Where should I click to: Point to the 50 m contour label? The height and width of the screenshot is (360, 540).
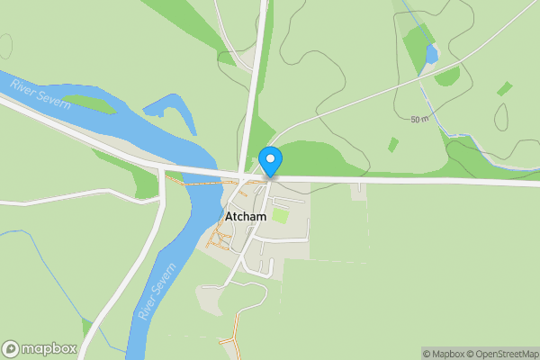(x=418, y=120)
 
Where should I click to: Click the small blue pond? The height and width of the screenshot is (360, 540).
(x=431, y=54)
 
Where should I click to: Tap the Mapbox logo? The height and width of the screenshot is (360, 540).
(x=39, y=348)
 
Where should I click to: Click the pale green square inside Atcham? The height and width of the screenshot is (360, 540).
(x=281, y=216)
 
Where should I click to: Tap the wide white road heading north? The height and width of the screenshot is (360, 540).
(x=252, y=81)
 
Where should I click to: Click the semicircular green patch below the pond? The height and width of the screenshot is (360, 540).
(x=447, y=77)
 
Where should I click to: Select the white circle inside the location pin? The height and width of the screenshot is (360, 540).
(x=270, y=157)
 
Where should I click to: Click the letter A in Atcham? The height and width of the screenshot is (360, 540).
(x=228, y=216)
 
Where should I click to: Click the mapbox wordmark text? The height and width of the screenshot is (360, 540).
(x=49, y=348)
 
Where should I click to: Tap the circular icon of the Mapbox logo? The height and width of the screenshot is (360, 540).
(x=12, y=348)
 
